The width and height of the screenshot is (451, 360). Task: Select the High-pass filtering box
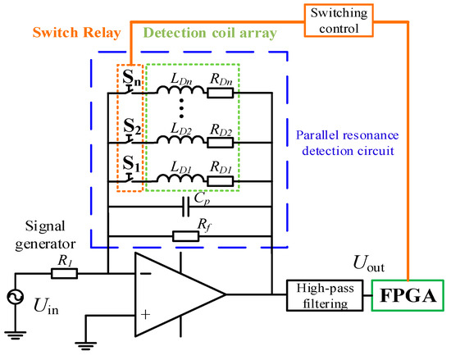tap(321, 292)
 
